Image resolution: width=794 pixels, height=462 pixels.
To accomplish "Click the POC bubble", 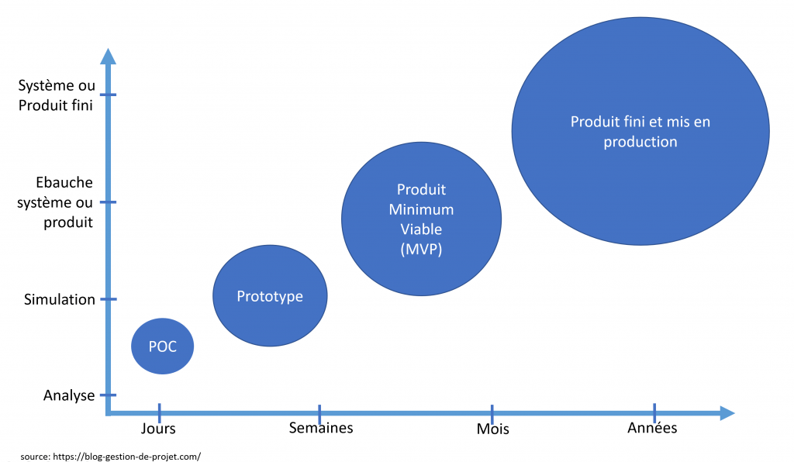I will coord(161,346).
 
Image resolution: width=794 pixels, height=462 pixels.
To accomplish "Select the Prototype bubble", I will coord(270,296).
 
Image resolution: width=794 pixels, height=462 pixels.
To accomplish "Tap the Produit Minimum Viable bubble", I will coord(421,219).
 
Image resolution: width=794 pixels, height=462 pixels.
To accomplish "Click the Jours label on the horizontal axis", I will coord(158,428).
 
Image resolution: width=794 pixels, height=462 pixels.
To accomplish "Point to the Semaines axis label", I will coord(321,428).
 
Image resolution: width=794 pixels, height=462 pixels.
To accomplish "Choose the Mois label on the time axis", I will coord(493,429).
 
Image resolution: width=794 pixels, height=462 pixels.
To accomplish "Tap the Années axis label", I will coord(652,428).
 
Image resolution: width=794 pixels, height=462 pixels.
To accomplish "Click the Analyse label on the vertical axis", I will coord(69,395).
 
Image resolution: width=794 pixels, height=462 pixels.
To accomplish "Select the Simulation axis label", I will coord(60,299).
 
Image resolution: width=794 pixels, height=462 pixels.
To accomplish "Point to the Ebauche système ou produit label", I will coord(65,202).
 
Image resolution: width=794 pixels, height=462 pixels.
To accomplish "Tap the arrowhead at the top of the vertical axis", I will coord(109,57).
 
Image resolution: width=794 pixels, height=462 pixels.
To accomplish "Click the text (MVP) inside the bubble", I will coord(421,249).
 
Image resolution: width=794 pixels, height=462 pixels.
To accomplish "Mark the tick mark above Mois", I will coord(492,412).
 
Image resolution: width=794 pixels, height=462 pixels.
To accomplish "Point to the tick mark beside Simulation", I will coord(109,299).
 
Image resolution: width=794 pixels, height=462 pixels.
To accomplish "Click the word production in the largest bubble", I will coord(640,142).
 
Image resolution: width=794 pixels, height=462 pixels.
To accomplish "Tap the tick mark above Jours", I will coord(159,412).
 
